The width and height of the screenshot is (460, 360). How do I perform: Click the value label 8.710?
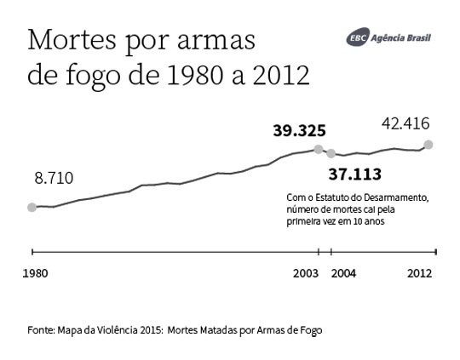pyautogui.click(x=54, y=179)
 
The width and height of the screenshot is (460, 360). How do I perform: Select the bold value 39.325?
pyautogui.click(x=299, y=131)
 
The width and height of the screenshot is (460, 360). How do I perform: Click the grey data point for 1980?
pyautogui.click(x=32, y=207)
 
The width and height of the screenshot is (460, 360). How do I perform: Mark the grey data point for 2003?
pyautogui.click(x=319, y=150)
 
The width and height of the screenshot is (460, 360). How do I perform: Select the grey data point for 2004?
pyautogui.click(x=331, y=154)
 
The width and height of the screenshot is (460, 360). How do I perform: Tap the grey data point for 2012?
pyautogui.click(x=428, y=145)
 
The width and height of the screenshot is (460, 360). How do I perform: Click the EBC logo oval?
pyautogui.click(x=359, y=38)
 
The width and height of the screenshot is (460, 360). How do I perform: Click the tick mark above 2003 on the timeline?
pyautogui.click(x=319, y=251)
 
